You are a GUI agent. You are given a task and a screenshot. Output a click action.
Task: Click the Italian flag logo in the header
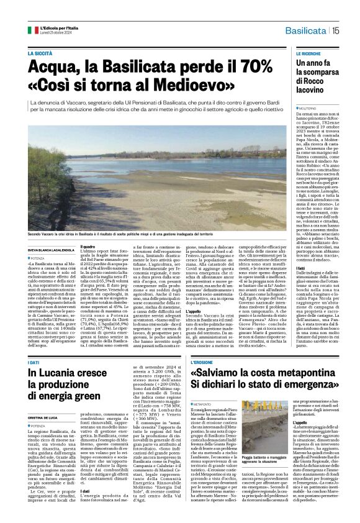[x=33, y=30]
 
